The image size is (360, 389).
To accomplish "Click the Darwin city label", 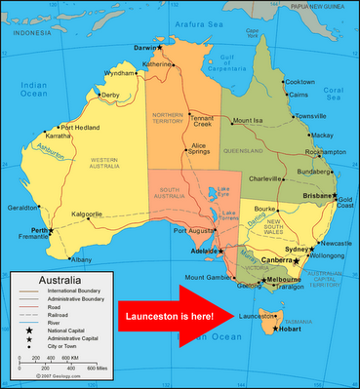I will tap(144, 46).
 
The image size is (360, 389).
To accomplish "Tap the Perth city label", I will tap(40, 229).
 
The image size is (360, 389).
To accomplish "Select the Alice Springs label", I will tap(199, 151).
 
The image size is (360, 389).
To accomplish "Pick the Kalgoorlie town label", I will tap(88, 214).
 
